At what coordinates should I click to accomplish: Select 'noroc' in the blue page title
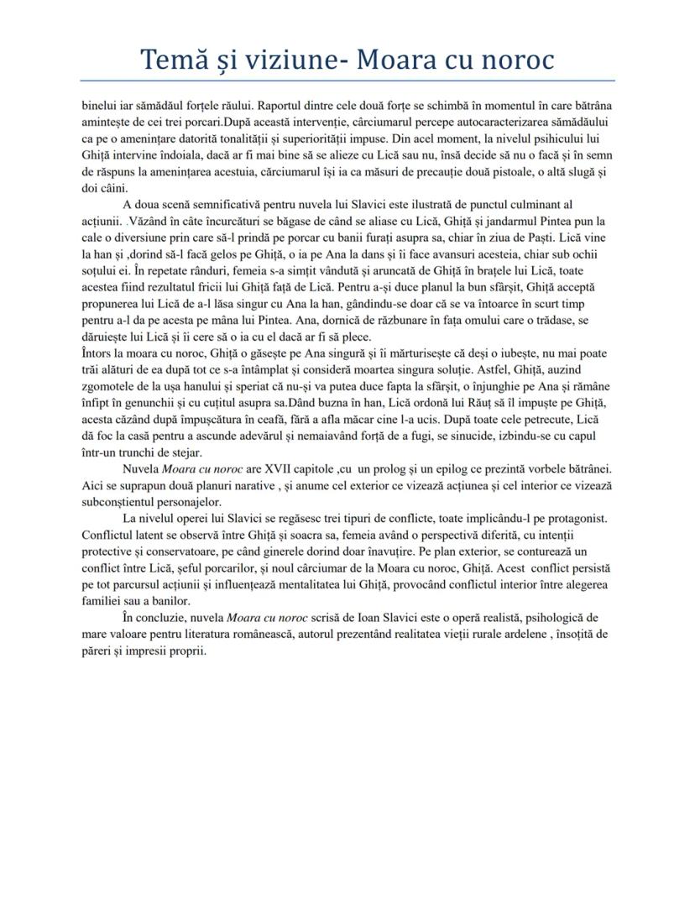[511, 60]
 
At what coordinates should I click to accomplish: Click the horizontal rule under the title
[347, 81]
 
